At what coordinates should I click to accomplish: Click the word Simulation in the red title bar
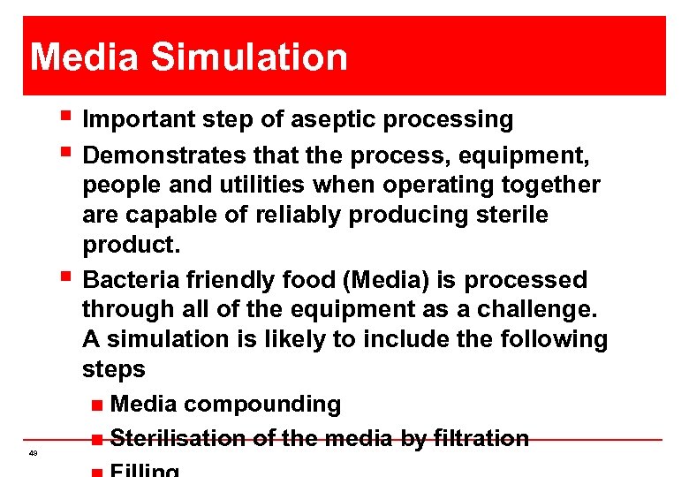pyautogui.click(x=250, y=57)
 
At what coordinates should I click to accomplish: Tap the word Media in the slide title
pyautogui.click(x=85, y=57)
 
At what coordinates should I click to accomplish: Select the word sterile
pyautogui.click(x=511, y=215)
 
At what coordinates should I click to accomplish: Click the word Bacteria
pyautogui.click(x=132, y=280)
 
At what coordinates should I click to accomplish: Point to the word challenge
pyautogui.click(x=548, y=309)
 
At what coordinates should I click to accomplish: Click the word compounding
pyautogui.click(x=262, y=405)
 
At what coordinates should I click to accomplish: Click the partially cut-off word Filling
pyautogui.click(x=147, y=471)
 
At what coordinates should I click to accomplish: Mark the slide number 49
pyautogui.click(x=33, y=453)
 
